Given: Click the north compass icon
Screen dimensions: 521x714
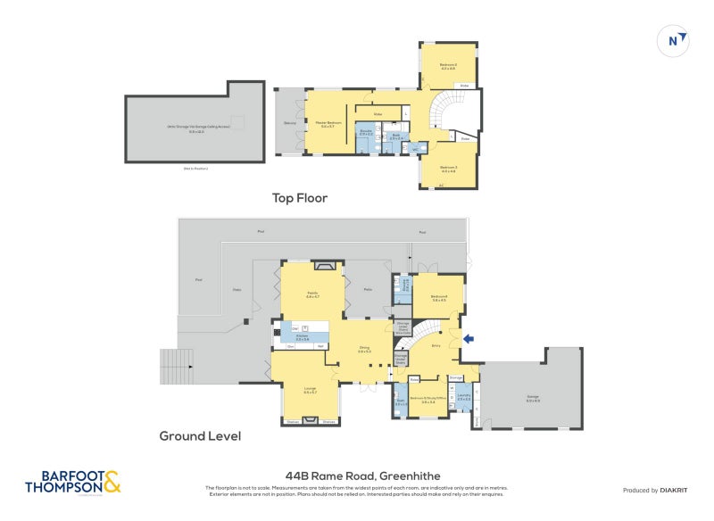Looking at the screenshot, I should tap(676, 40).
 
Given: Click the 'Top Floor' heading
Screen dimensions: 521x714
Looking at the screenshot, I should tap(299, 198).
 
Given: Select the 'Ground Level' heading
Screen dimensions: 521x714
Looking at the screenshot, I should tap(200, 436).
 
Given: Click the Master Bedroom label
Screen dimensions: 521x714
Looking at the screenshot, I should tap(328, 124).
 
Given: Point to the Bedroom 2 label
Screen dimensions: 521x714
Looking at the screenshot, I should tap(448, 66).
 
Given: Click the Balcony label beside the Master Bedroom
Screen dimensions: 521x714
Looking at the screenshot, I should tap(289, 123).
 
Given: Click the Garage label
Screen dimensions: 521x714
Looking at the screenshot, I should tap(533, 399).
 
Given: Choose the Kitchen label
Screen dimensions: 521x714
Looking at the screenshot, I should tap(302, 336).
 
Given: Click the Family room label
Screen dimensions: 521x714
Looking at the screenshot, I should tap(312, 294).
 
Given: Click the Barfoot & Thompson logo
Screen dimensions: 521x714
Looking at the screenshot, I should tap(72, 483).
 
